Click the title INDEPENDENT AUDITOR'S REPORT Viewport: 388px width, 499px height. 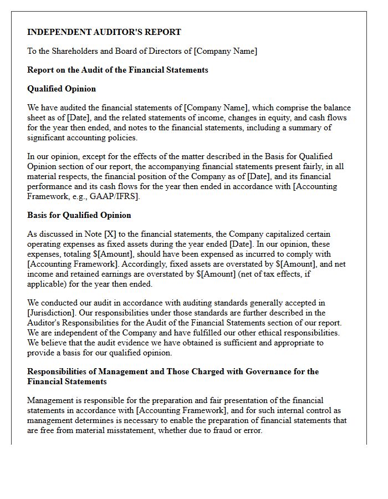tap(104, 32)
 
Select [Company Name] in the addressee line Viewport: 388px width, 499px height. tap(225, 51)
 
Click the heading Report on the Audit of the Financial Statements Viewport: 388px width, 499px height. tap(118, 70)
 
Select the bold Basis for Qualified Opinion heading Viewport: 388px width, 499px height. tap(79, 215)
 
